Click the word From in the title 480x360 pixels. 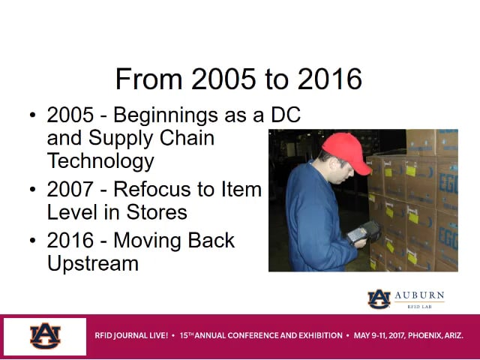click(148, 79)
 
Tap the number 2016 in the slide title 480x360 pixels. click(330, 79)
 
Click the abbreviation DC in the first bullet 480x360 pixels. click(286, 115)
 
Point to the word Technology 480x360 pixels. click(100, 162)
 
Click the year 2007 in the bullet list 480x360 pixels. click(70, 189)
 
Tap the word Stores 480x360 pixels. click(157, 212)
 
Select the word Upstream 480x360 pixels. click(93, 264)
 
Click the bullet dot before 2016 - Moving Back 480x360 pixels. click(33, 240)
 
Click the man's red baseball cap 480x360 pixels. click(346, 153)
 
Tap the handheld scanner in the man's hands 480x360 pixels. click(364, 232)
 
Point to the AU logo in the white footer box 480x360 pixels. click(45, 336)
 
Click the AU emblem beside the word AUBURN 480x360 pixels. click(379, 299)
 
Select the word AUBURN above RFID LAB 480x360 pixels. click(419, 295)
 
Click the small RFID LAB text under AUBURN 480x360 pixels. click(419, 307)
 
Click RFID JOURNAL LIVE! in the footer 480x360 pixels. click(131, 335)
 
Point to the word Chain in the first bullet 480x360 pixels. click(187, 138)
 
